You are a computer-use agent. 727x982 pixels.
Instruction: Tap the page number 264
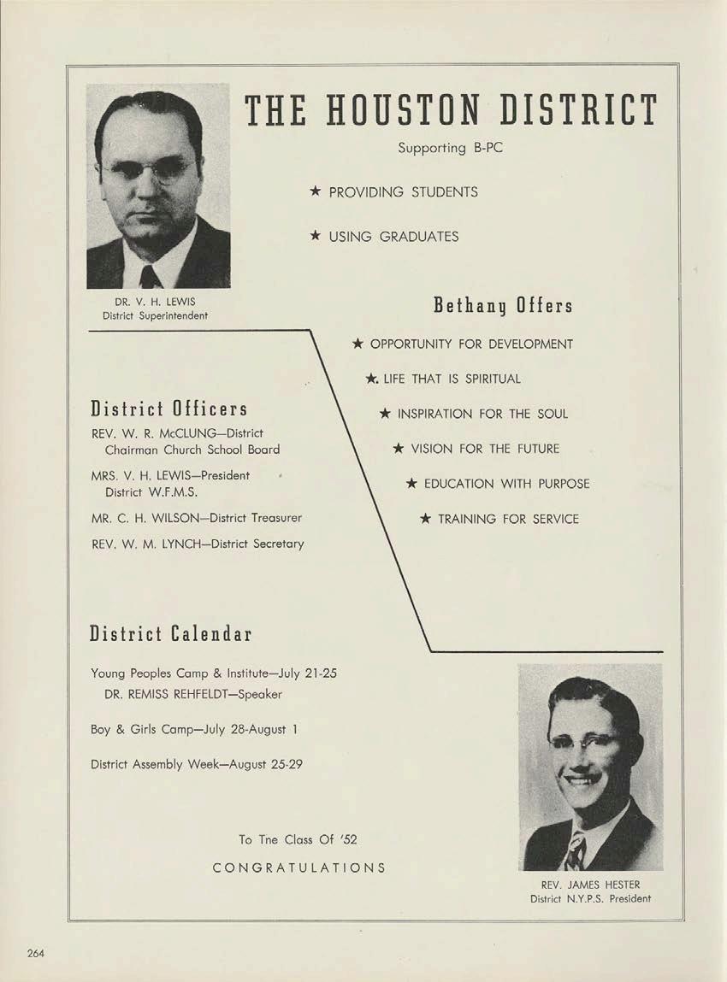[35, 954]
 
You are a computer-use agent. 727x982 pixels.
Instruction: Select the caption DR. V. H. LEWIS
[150, 302]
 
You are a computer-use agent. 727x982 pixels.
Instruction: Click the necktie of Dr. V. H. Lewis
[151, 276]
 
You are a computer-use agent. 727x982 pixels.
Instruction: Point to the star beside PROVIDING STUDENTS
[315, 191]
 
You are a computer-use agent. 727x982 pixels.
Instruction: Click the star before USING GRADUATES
[315, 236]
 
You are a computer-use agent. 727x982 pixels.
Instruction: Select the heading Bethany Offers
[502, 305]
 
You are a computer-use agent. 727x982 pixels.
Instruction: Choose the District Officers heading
[168, 409]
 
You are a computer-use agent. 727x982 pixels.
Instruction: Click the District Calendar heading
[171, 634]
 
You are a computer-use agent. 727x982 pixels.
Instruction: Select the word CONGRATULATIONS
[298, 867]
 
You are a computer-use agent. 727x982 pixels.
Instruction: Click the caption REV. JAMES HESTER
[590, 885]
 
